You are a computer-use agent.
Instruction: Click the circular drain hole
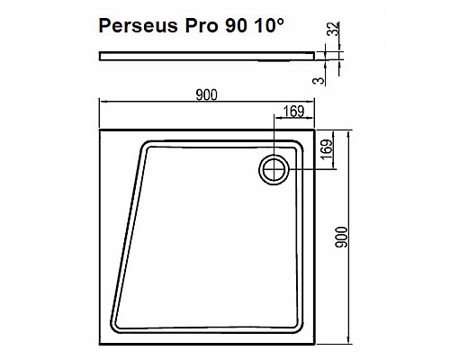[x=274, y=168]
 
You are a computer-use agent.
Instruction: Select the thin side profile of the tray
[x=207, y=55]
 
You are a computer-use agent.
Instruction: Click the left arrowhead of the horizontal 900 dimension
[x=101, y=101]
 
